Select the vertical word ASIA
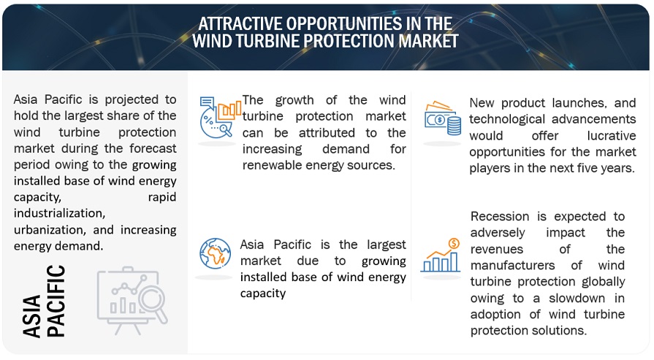32,316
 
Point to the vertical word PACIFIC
56,300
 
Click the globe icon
216,253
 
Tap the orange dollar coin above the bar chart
454,243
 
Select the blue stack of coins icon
455,126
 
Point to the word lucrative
612,135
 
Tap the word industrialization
59,213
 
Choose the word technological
507,119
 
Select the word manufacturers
513,265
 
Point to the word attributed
327,132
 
